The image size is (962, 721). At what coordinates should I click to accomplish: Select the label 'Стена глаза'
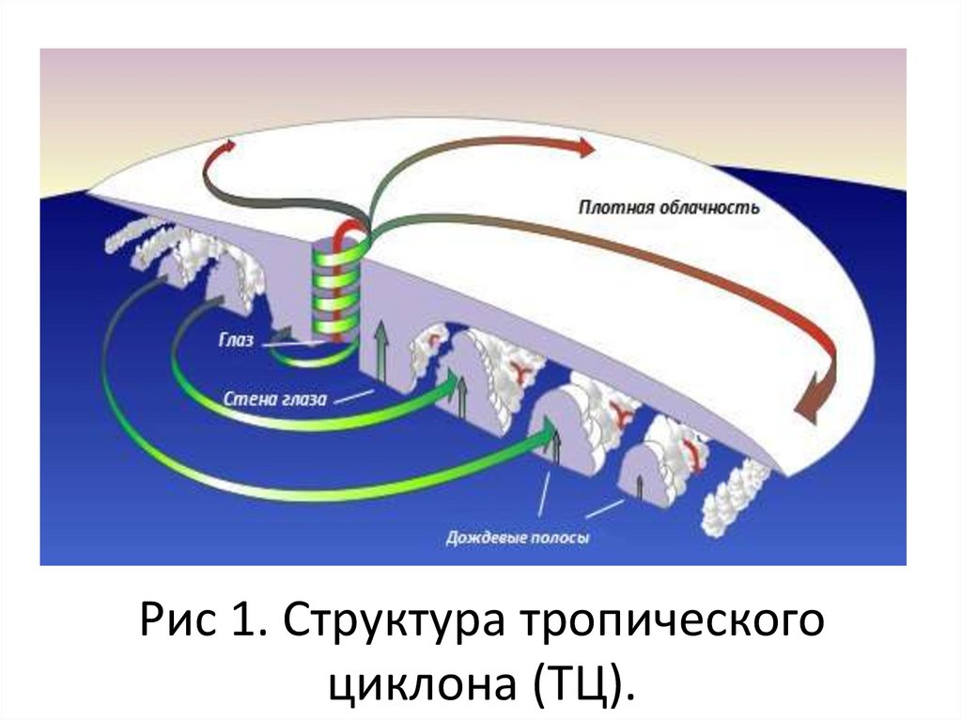click(275, 399)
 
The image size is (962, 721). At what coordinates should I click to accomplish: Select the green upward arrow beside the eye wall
click(380, 353)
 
